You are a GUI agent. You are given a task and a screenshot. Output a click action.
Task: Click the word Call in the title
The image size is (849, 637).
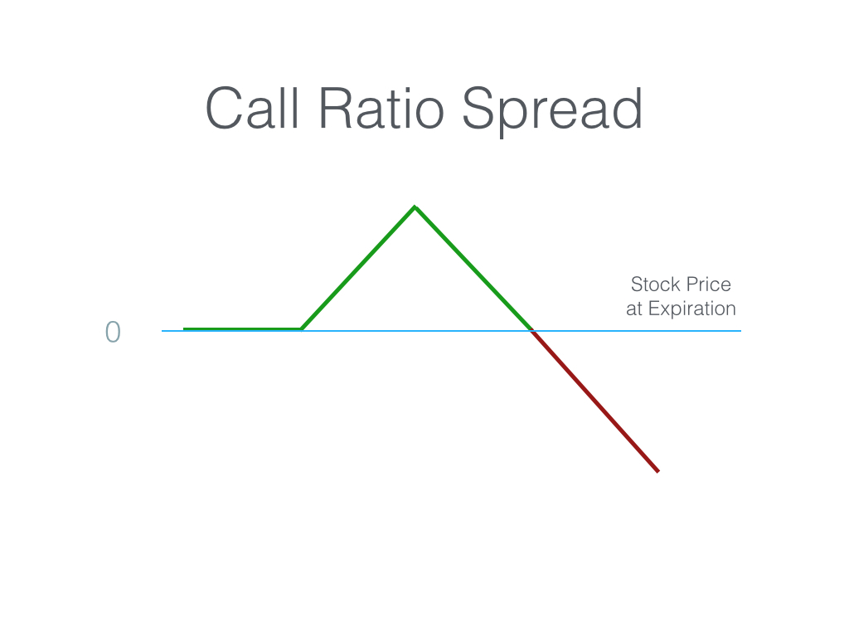(x=252, y=109)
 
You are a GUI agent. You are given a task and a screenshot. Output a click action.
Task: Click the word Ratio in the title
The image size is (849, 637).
(x=381, y=109)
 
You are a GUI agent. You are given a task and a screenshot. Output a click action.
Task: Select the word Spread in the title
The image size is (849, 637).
(x=551, y=111)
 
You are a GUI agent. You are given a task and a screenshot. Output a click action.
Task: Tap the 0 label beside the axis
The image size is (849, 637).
(x=113, y=332)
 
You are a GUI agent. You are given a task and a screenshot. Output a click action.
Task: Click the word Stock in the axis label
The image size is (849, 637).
(x=655, y=284)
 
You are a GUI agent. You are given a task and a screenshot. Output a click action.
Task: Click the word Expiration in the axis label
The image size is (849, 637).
(x=692, y=309)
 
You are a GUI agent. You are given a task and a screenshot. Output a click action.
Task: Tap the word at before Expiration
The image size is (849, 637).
(x=634, y=309)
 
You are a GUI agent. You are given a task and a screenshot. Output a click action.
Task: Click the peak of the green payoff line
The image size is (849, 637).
(x=415, y=207)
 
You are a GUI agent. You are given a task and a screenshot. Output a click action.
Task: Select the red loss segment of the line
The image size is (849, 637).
(x=595, y=401)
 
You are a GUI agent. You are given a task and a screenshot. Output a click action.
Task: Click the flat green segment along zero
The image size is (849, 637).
(x=243, y=328)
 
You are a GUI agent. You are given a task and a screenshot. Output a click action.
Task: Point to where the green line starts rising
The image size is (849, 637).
(x=302, y=328)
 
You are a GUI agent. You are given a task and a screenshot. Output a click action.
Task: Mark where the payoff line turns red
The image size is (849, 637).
(x=533, y=331)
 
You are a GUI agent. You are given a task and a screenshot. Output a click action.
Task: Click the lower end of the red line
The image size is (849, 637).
(x=658, y=472)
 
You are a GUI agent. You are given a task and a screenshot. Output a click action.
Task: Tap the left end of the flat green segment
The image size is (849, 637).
(x=184, y=328)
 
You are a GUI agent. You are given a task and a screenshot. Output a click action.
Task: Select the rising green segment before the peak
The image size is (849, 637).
(x=358, y=268)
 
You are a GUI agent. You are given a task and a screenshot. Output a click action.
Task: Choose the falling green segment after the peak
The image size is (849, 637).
(x=473, y=268)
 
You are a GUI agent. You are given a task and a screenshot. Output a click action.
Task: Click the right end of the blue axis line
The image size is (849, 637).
(x=740, y=330)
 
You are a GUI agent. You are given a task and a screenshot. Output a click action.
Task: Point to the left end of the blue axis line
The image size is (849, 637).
(x=162, y=330)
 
